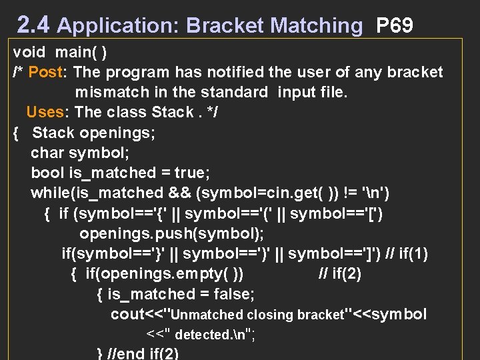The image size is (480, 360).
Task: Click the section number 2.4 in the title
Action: pyautogui.click(x=33, y=25)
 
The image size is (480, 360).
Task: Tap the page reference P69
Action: pyautogui.click(x=395, y=25)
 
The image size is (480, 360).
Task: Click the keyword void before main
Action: pyautogui.click(x=29, y=52)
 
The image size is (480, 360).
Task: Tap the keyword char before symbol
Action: pyautogui.click(x=47, y=153)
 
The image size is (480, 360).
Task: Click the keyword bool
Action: pyautogui.click(x=47, y=173)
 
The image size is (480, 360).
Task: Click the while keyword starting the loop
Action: pyautogui.click(x=47, y=193)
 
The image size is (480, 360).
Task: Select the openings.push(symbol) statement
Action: pyautogui.click(x=172, y=233)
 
